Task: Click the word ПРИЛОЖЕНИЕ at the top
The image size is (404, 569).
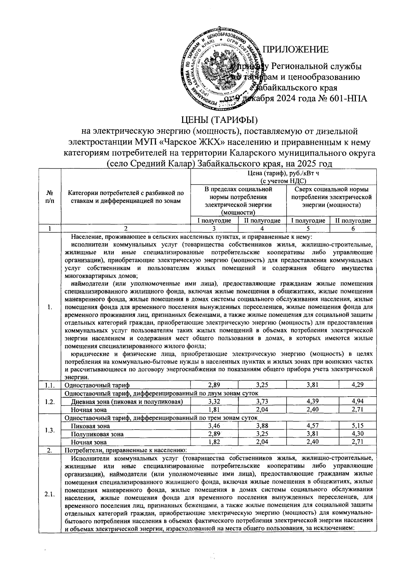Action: [295, 50]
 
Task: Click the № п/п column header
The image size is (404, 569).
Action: [49, 197]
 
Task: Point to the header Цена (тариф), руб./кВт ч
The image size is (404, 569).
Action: [282, 174]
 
